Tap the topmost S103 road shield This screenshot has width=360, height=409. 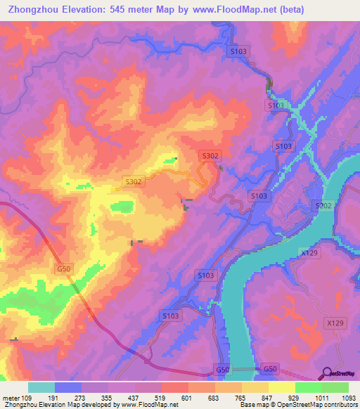pyautogui.click(x=238, y=51)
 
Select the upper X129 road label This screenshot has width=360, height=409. pyautogui.click(x=308, y=252)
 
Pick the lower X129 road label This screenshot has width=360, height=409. pyautogui.click(x=336, y=323)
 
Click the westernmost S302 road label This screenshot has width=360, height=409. pyautogui.click(x=134, y=181)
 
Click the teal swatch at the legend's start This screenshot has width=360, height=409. pyautogui.click(x=41, y=387)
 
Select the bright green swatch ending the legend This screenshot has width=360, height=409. pyautogui.click(x=335, y=387)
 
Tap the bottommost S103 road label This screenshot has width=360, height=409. pyautogui.click(x=170, y=317)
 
